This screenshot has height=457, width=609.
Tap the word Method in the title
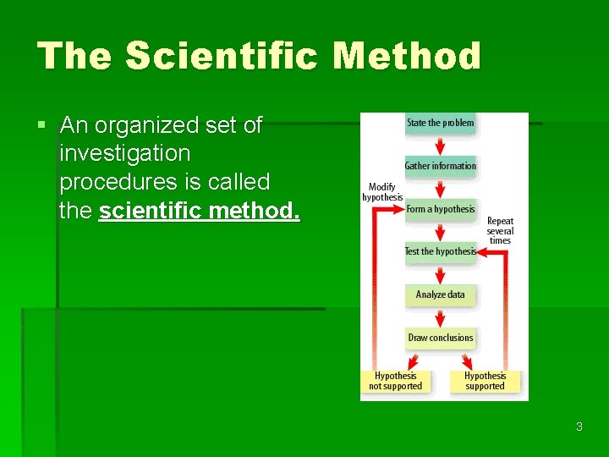[x=407, y=56]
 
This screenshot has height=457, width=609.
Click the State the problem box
[x=440, y=123]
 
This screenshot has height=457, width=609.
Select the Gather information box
[x=440, y=166]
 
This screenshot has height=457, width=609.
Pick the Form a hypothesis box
[x=440, y=209]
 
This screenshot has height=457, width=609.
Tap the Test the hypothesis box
[x=440, y=251]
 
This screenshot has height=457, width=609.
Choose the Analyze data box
[x=440, y=295]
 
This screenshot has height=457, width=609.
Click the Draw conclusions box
[x=440, y=338]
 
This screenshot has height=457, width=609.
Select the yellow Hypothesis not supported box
[x=395, y=381]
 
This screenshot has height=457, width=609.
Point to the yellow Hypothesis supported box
[x=485, y=381]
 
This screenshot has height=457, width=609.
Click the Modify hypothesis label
[x=382, y=192]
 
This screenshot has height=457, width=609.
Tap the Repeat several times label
[x=500, y=230]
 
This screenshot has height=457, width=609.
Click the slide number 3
[x=579, y=427]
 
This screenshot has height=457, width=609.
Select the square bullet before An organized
[x=41, y=126]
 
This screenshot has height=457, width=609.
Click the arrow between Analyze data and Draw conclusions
[x=440, y=317]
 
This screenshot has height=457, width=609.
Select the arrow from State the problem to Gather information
[x=440, y=145]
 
